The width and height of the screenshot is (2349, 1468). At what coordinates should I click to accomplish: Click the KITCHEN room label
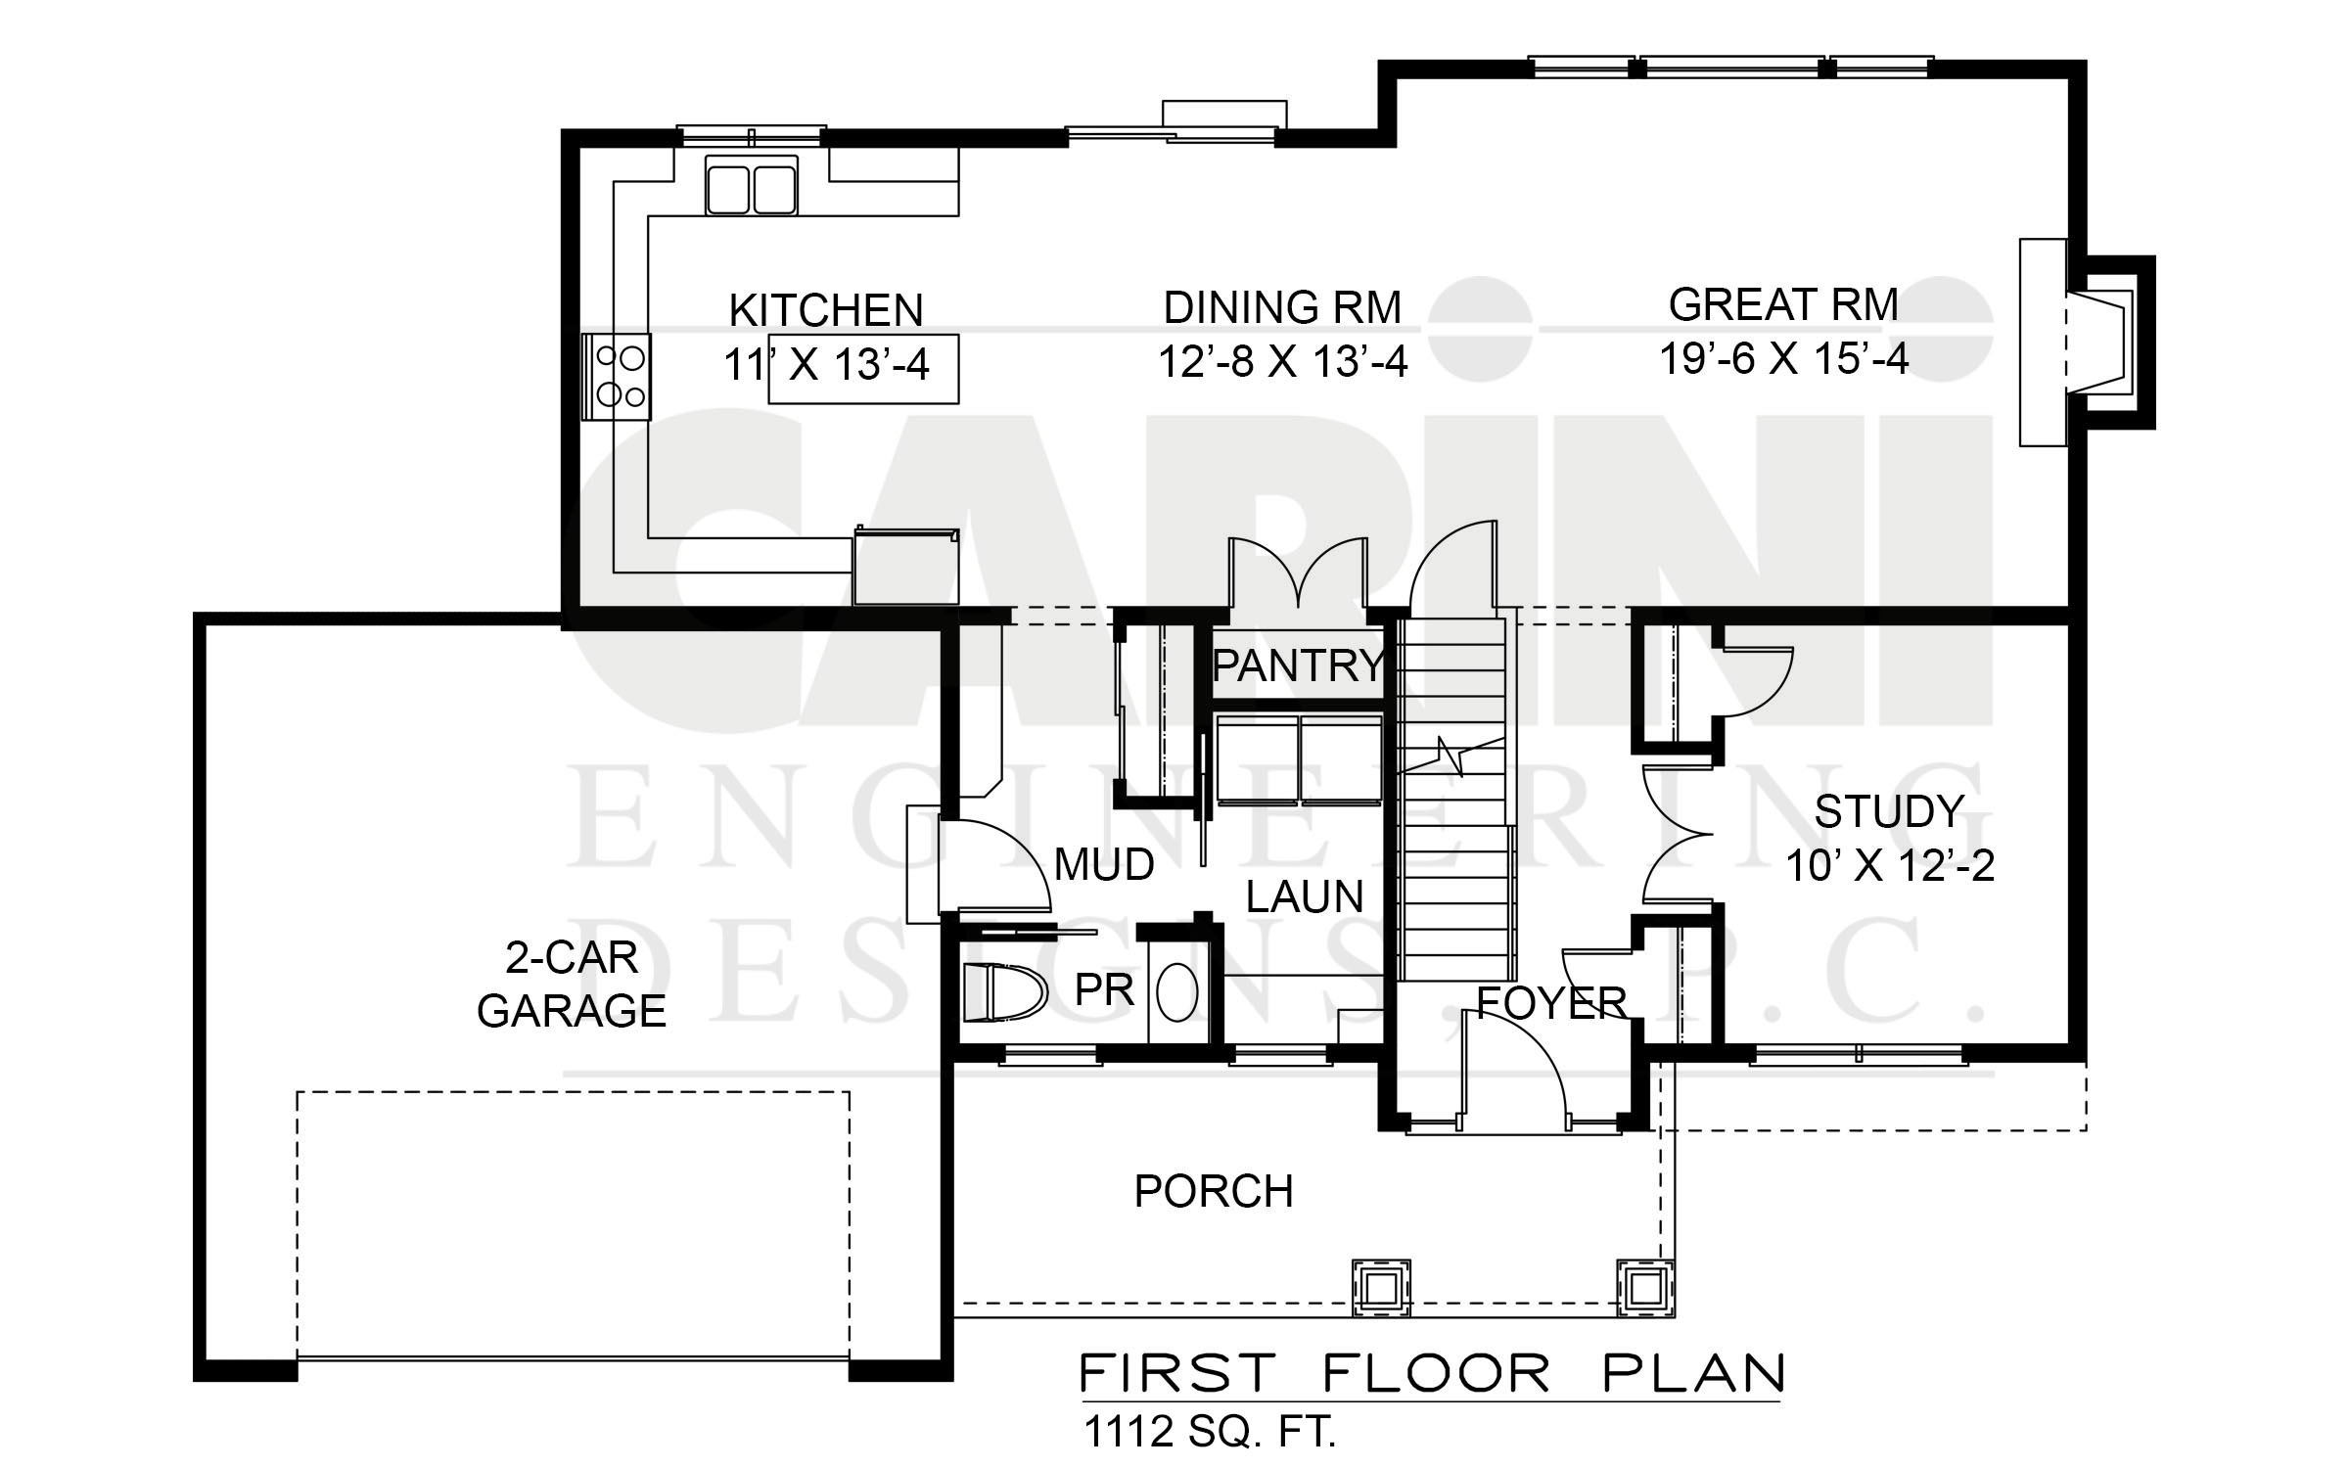point(826,310)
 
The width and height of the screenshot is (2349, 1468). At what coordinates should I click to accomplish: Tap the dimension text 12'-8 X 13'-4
point(1283,362)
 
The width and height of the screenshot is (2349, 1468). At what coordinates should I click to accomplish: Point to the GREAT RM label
point(1783,304)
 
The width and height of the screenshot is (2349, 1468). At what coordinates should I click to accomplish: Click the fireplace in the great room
point(2085,343)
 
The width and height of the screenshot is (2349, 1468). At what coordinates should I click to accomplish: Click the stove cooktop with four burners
point(617,377)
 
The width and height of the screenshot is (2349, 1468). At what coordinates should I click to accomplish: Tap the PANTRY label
point(1299,665)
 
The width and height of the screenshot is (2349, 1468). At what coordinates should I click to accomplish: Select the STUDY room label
point(1889,811)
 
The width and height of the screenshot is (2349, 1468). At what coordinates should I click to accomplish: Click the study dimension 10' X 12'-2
point(1890,866)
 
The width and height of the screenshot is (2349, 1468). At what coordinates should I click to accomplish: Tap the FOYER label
point(1551,1003)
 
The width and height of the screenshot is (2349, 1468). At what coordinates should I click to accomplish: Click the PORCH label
point(1214,1191)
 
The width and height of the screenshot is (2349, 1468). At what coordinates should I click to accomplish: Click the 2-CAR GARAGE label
point(572,984)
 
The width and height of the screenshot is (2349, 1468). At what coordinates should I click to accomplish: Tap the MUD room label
point(1104,865)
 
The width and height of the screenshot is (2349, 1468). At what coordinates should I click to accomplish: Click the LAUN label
point(1305,896)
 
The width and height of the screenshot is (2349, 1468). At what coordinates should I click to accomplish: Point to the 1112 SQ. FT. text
point(1210,1432)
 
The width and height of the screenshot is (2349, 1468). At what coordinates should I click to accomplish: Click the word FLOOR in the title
point(1437,1373)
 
